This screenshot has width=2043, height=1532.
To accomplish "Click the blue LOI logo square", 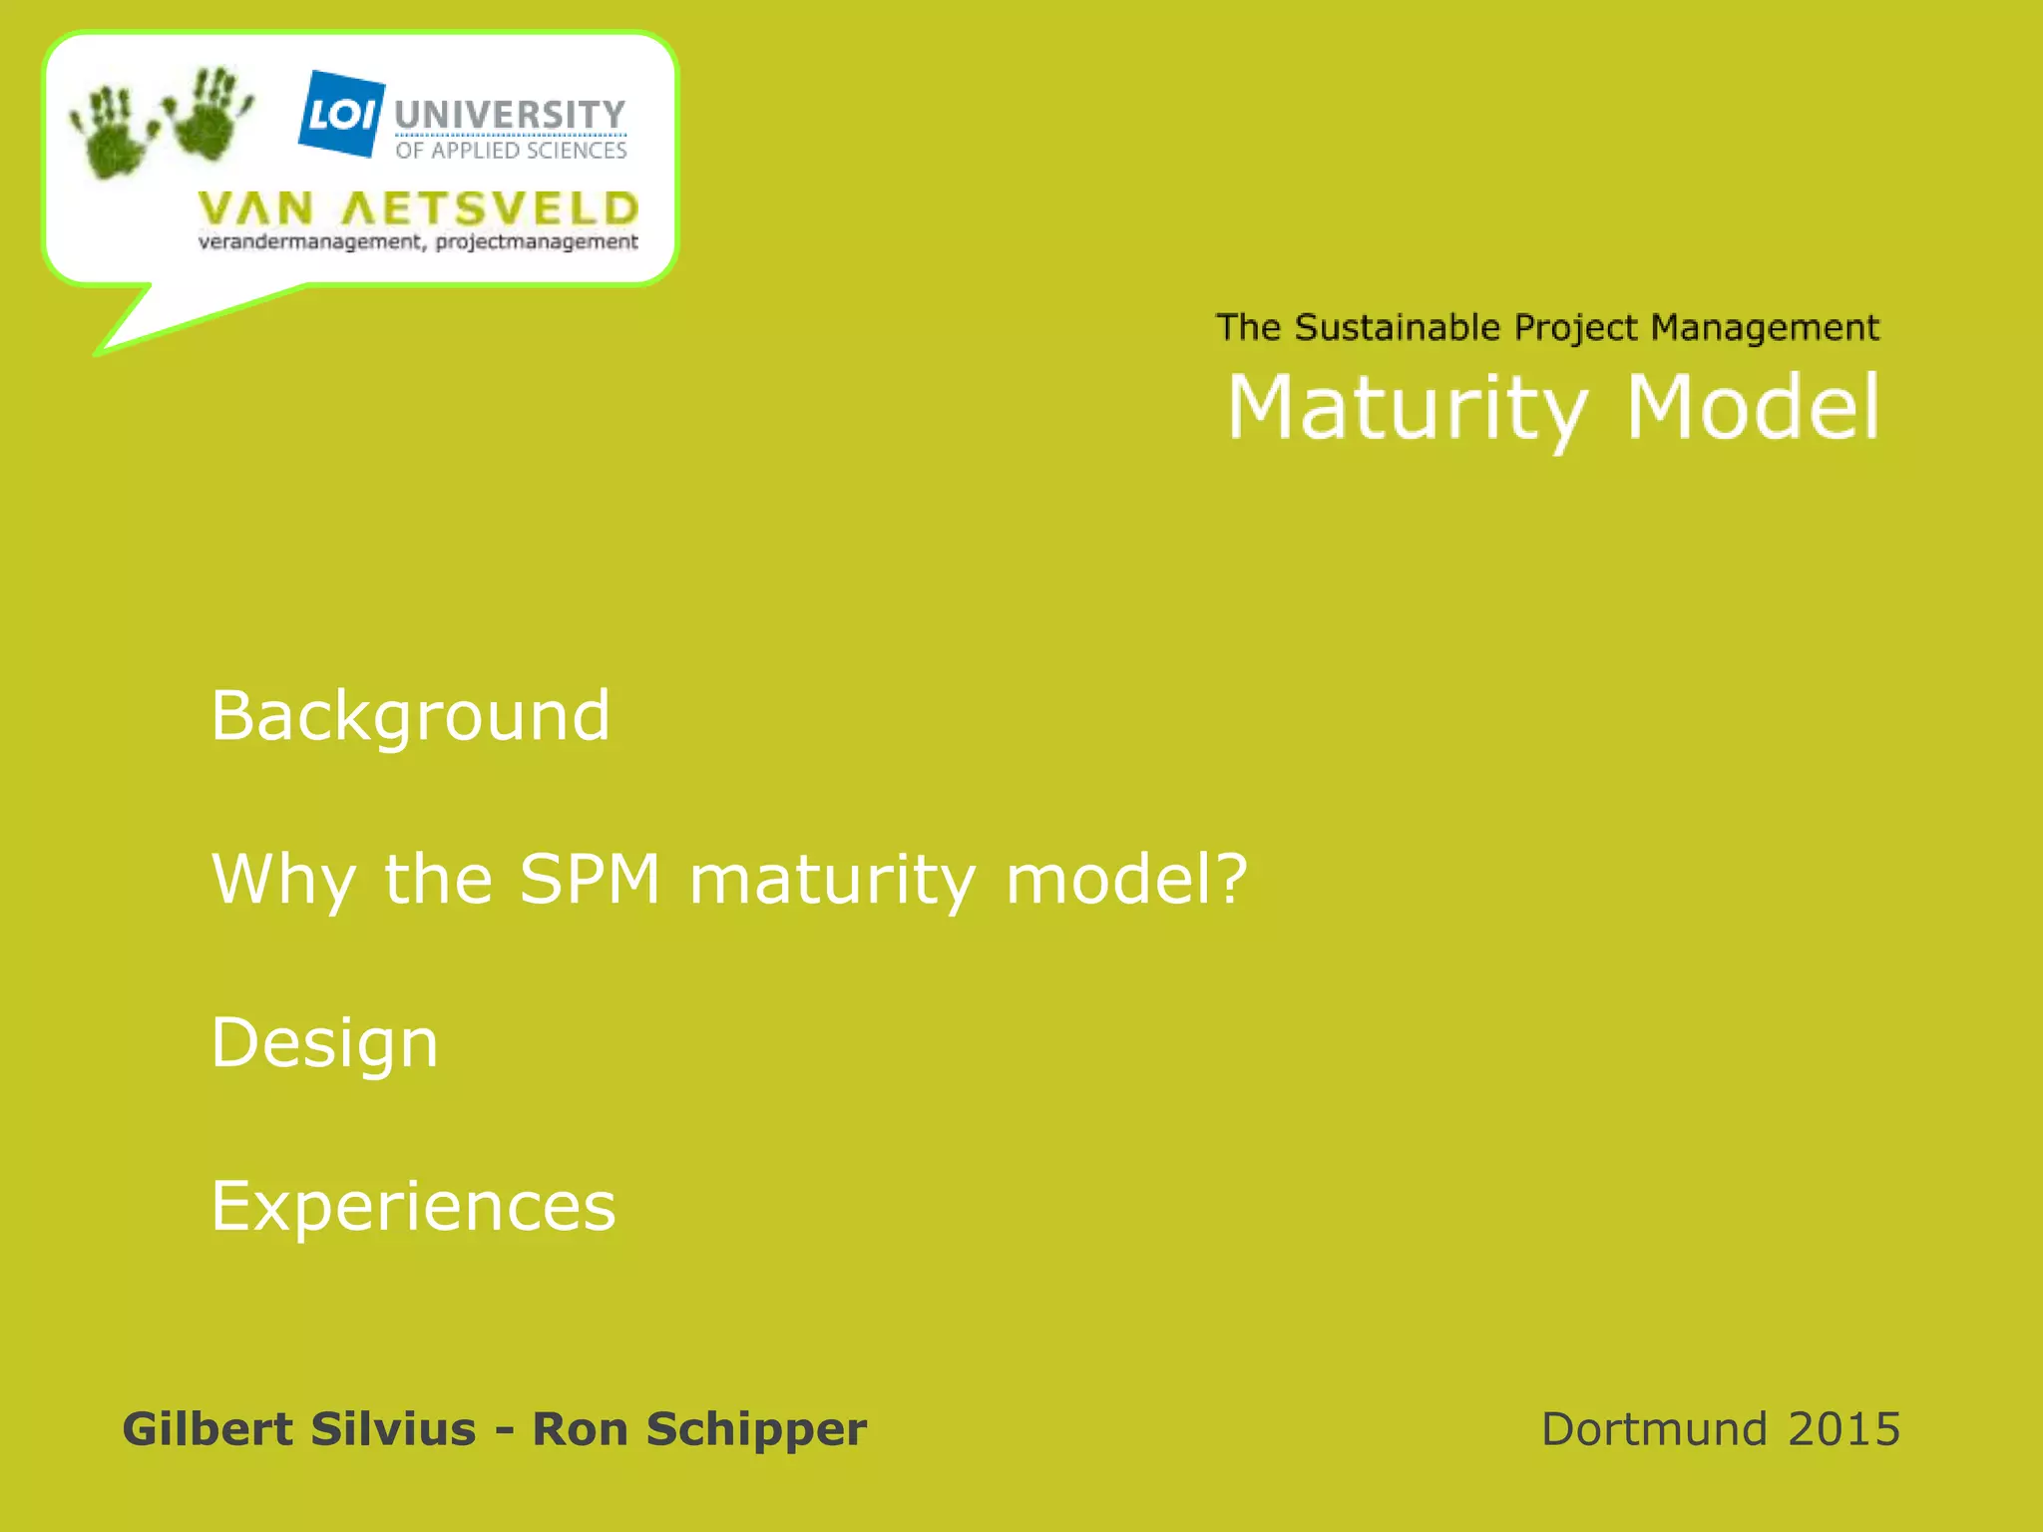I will pyautogui.click(x=341, y=114).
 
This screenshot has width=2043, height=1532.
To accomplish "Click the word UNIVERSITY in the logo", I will pyautogui.click(x=510, y=115).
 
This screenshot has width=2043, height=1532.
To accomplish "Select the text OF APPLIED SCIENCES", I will pyautogui.click(x=511, y=151).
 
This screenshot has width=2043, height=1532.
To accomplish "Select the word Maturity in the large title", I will pyautogui.click(x=1408, y=408).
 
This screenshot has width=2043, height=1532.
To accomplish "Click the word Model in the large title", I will pyautogui.click(x=1753, y=408).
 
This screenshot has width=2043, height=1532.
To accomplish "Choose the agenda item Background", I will pyautogui.click(x=410, y=716).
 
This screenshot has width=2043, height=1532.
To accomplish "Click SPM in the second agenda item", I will pyautogui.click(x=590, y=879).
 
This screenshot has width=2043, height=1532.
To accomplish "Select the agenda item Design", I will pyautogui.click(x=324, y=1043).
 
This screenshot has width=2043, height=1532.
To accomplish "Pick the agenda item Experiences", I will pyautogui.click(x=413, y=1206).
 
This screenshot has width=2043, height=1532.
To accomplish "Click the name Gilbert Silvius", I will pyautogui.click(x=298, y=1428).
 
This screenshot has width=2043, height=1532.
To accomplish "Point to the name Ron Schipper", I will pyautogui.click(x=699, y=1429).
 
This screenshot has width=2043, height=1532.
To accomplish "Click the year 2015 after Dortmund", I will pyautogui.click(x=1843, y=1429).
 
